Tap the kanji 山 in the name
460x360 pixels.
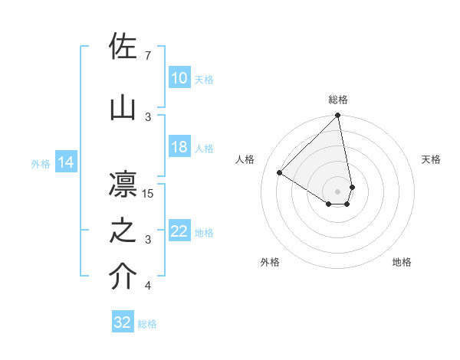(x=123, y=108)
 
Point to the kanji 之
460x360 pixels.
(x=123, y=231)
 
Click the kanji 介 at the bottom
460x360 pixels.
(x=123, y=278)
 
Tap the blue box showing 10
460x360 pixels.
(x=179, y=78)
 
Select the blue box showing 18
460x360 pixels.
(x=179, y=148)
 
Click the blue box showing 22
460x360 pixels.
(x=179, y=231)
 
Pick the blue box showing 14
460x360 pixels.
(x=65, y=162)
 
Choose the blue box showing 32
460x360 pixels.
(x=123, y=322)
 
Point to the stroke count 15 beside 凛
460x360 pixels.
(x=149, y=194)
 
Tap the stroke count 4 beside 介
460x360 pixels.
(x=147, y=286)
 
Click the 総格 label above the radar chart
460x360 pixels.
(x=338, y=100)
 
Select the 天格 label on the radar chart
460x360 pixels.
(x=431, y=159)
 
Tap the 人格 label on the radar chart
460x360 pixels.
(x=245, y=159)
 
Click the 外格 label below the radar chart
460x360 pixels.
(x=270, y=263)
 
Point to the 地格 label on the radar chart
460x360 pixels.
(x=402, y=263)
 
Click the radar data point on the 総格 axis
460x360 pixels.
(x=337, y=116)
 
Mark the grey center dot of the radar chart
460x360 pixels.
(x=337, y=191)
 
